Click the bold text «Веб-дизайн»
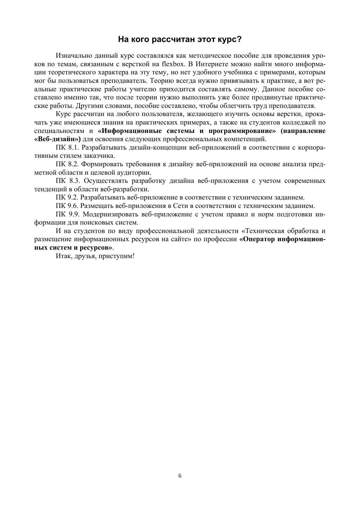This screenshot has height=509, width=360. (x=57, y=139)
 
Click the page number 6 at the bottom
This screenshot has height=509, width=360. (x=180, y=476)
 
